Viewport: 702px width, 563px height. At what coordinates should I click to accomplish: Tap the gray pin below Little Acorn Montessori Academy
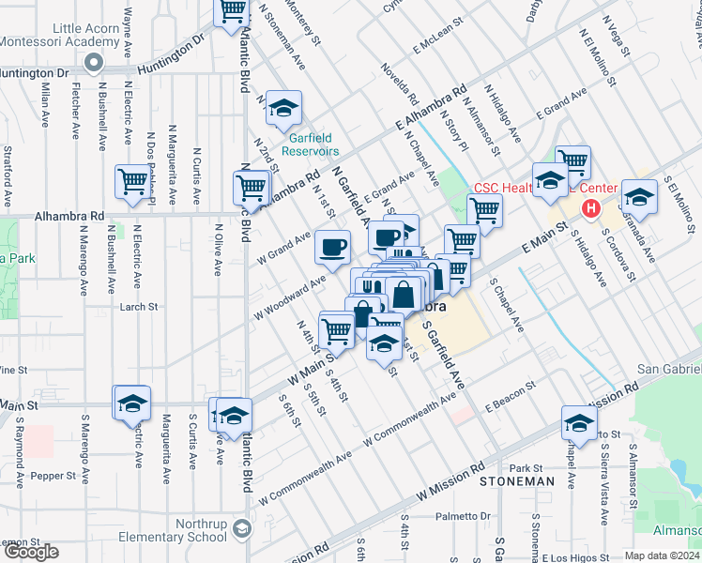[93, 63]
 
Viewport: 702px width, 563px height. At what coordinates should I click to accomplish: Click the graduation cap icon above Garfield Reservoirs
[282, 109]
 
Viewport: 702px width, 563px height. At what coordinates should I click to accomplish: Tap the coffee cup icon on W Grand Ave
[333, 248]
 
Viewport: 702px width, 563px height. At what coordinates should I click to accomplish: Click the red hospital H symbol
[591, 208]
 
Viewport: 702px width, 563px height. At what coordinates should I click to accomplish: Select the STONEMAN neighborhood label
[516, 481]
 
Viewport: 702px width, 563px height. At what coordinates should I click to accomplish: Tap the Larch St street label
[136, 306]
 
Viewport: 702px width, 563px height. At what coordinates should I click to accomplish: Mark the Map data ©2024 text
[663, 555]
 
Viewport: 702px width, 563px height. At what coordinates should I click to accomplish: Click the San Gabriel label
[668, 369]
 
